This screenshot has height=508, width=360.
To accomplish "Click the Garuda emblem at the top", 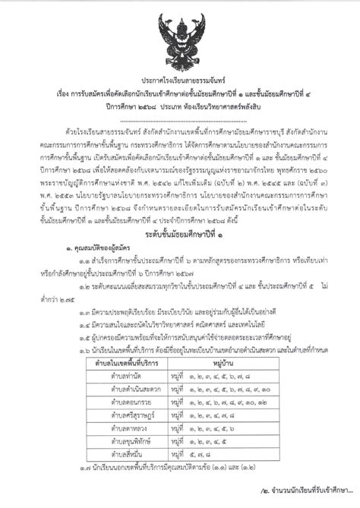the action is [180, 36].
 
